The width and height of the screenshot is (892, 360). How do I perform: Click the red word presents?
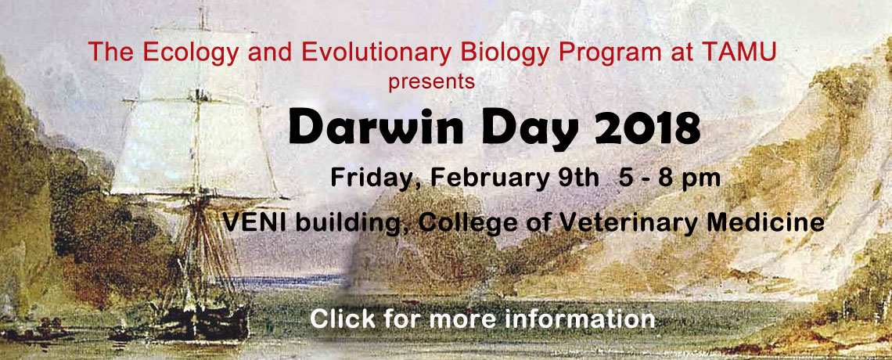[x=432, y=82]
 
